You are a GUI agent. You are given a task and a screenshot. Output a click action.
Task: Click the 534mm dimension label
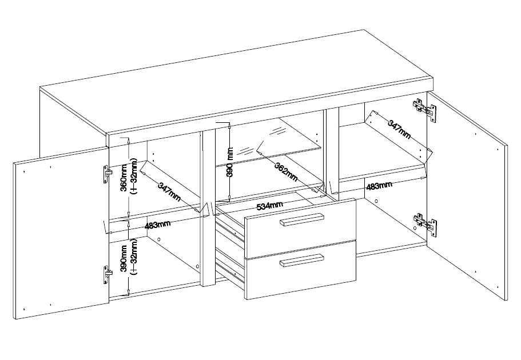[x=270, y=206]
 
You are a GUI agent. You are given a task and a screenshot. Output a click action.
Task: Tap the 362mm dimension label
[x=286, y=171]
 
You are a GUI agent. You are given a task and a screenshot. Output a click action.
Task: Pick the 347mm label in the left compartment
[x=169, y=191]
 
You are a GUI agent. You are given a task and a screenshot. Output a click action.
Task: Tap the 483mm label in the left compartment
[x=158, y=225]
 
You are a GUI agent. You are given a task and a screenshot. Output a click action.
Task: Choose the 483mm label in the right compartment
[x=379, y=185]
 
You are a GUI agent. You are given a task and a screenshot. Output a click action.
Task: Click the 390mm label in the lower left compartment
[x=124, y=259]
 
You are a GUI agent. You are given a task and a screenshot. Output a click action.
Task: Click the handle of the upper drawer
[x=302, y=219]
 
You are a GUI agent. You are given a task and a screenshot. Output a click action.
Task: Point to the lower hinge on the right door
[x=425, y=224]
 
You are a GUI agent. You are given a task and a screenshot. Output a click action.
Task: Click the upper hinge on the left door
[x=106, y=174]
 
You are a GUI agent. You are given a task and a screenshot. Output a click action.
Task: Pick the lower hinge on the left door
[x=106, y=275]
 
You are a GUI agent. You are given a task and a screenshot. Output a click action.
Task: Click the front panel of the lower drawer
[x=300, y=270]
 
